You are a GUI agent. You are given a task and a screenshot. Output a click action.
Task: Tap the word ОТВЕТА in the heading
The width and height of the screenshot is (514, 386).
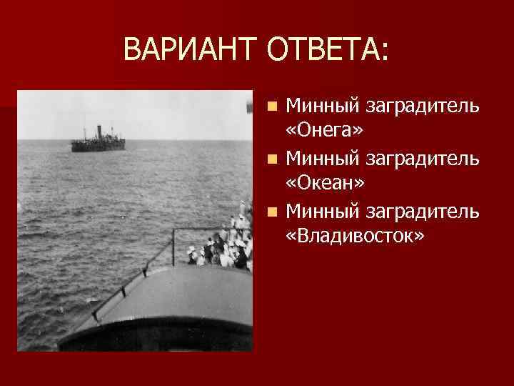coord(324,49)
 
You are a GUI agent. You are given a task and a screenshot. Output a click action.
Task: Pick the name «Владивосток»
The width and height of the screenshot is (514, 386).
coord(355,235)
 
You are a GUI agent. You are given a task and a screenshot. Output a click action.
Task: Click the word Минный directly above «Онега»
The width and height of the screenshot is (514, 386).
coord(322,107)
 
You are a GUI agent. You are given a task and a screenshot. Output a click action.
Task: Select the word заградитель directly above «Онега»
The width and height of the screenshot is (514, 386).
coord(422,107)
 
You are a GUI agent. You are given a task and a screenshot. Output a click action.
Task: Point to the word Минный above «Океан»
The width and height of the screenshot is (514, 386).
coord(322,159)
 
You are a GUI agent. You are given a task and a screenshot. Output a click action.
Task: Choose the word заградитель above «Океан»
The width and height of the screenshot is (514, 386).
coord(422,159)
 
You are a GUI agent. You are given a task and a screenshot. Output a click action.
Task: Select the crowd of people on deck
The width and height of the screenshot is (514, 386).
coord(221,247)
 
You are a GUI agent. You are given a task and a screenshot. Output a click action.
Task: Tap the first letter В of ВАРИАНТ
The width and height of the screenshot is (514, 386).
coord(132,49)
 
